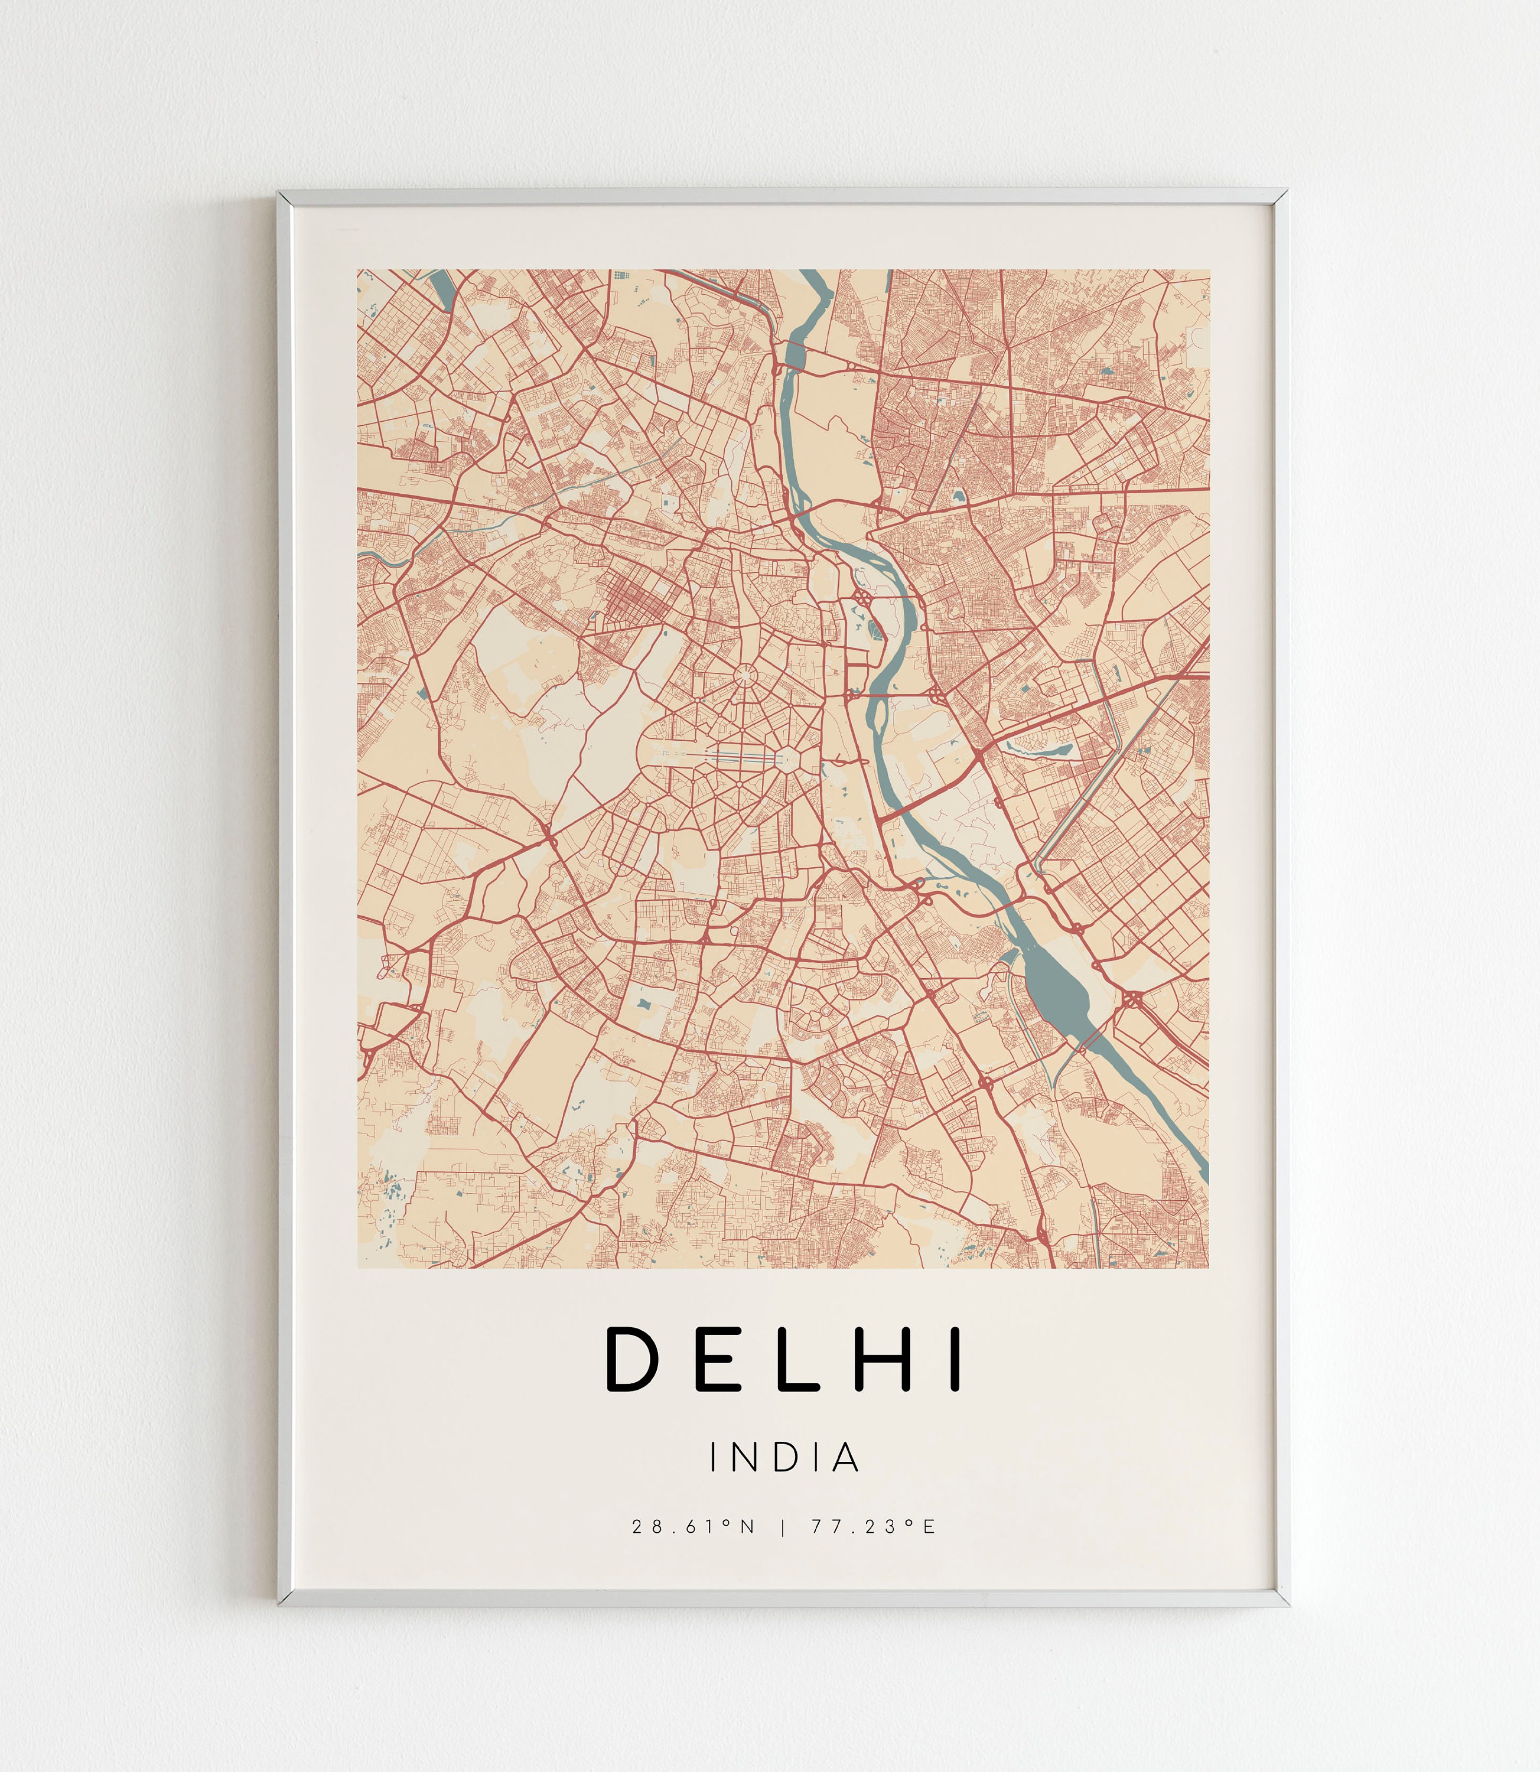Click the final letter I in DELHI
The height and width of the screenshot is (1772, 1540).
[954, 1360]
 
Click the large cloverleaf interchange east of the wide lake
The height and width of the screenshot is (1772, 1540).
[1132, 999]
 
